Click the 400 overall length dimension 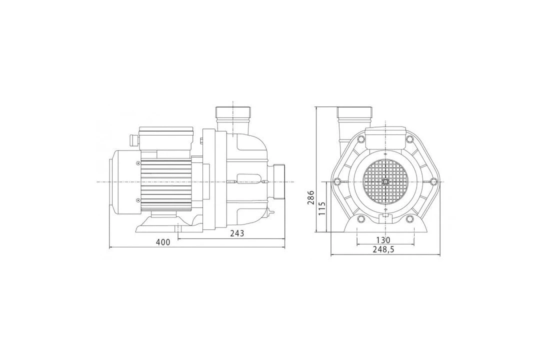tap(163, 242)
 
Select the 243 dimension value tap(237, 233)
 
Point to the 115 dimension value tap(322, 208)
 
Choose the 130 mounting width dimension tap(383, 240)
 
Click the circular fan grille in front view tap(385, 181)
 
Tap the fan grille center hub tap(385, 181)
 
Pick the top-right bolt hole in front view tap(409, 139)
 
